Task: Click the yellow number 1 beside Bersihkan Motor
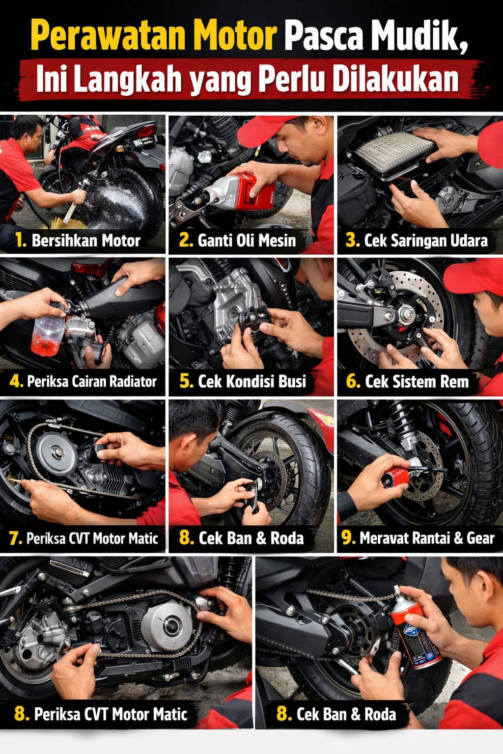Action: (x=20, y=240)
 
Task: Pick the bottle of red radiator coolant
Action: (x=48, y=336)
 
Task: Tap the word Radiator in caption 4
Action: (x=130, y=381)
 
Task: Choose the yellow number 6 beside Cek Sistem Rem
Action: (x=353, y=381)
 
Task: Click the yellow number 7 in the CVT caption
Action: (x=15, y=539)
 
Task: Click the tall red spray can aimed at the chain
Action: (x=415, y=633)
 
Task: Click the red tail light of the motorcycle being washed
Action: (x=145, y=131)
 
